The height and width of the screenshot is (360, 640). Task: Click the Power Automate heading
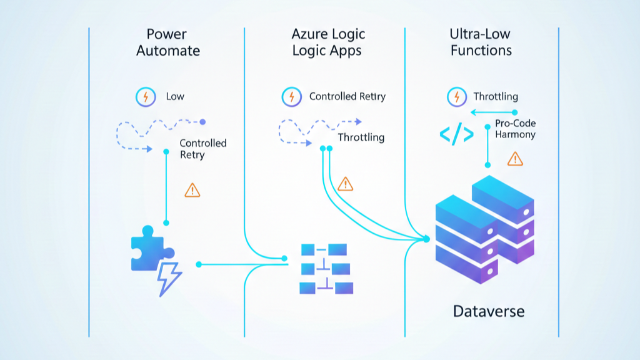pyautogui.click(x=168, y=42)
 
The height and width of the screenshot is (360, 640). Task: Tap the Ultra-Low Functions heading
pyautogui.click(x=480, y=42)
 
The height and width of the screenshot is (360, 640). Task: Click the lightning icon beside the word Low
pyautogui.click(x=146, y=97)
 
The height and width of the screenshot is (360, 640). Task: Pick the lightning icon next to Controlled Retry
pyautogui.click(x=291, y=97)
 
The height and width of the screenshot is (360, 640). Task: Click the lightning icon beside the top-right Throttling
pyautogui.click(x=457, y=97)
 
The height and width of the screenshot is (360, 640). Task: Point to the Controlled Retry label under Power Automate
pyautogui.click(x=203, y=149)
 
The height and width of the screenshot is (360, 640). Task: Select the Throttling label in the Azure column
pyautogui.click(x=361, y=137)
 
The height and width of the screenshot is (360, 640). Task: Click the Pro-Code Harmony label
pyautogui.click(x=515, y=129)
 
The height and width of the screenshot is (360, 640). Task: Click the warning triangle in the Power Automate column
pyautogui.click(x=192, y=190)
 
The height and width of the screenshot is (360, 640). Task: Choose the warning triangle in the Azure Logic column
pyautogui.click(x=345, y=184)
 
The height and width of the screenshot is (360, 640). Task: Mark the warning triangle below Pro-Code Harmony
pyautogui.click(x=516, y=159)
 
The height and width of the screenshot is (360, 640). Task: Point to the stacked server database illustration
pyautogui.click(x=485, y=229)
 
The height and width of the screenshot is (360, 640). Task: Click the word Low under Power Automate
pyautogui.click(x=175, y=97)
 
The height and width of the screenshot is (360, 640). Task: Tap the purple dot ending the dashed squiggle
pyautogui.click(x=202, y=122)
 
